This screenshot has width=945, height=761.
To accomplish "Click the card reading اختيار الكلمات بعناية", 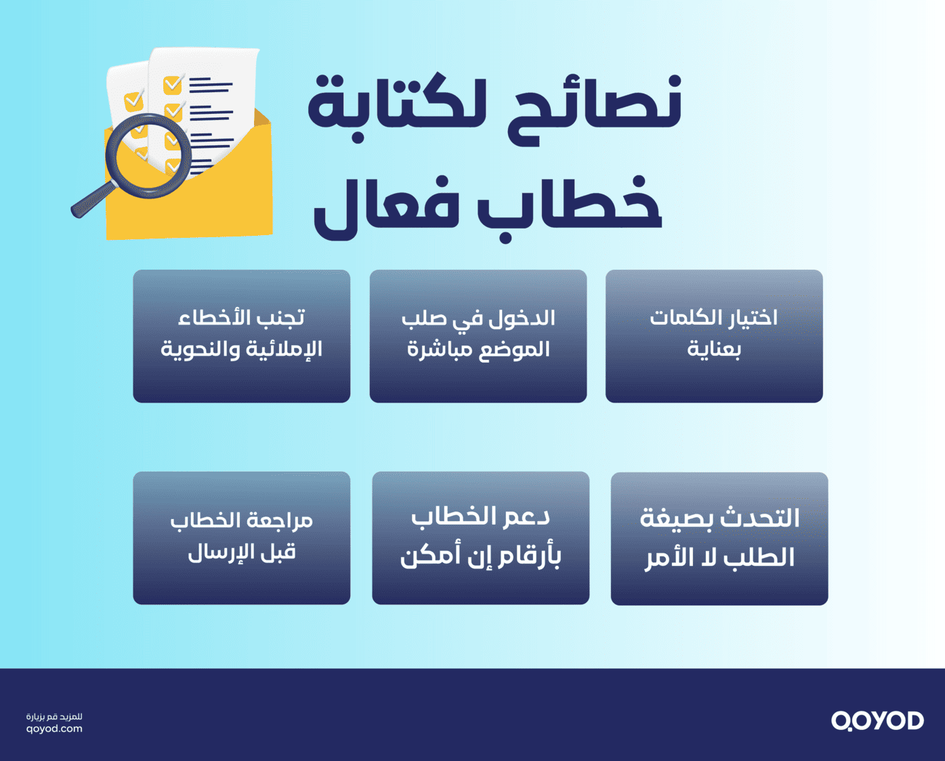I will coord(714,335).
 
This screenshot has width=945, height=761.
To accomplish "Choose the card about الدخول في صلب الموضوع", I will coord(478,335).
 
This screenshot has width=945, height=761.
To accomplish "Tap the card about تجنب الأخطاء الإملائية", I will coord(242,335).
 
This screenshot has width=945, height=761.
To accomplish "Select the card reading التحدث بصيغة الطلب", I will coord(719,538).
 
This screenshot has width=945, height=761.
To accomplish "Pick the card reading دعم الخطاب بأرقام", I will coord(480,537).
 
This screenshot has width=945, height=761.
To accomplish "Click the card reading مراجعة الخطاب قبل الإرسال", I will coord(242,537).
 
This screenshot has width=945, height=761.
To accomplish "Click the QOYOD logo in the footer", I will coord(877,720).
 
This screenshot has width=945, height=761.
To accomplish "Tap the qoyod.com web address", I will coord(54,729).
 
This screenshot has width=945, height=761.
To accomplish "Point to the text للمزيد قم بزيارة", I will coord(54,716).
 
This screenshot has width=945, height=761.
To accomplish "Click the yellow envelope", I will coord(217,197).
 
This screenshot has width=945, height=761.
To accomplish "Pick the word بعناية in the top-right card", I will coord(714,350).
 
